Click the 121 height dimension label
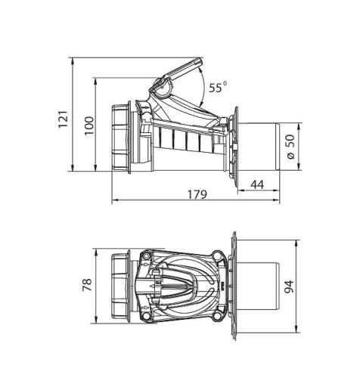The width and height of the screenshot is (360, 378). [x=64, y=119]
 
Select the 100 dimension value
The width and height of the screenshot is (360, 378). [x=89, y=125]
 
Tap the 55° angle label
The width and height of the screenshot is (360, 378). [x=218, y=87]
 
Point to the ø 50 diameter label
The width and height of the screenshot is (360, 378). [x=291, y=147]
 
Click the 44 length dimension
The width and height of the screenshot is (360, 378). [x=257, y=184]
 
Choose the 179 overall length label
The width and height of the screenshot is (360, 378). [x=197, y=194]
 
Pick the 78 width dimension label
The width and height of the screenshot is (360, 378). [x=87, y=285]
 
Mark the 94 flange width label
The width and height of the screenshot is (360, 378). [x=289, y=287]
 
